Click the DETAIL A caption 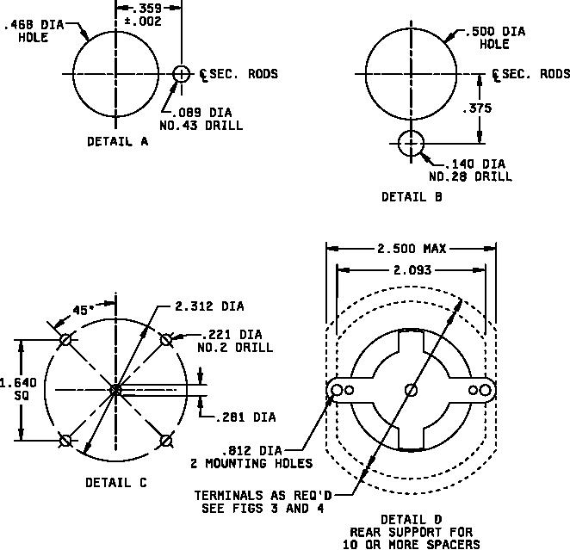point(118,141)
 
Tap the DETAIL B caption point(412,197)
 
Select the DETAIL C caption point(116,482)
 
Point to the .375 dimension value point(477,108)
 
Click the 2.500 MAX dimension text point(412,249)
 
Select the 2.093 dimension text point(412,270)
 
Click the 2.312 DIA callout point(209,306)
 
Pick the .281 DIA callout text point(245,417)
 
